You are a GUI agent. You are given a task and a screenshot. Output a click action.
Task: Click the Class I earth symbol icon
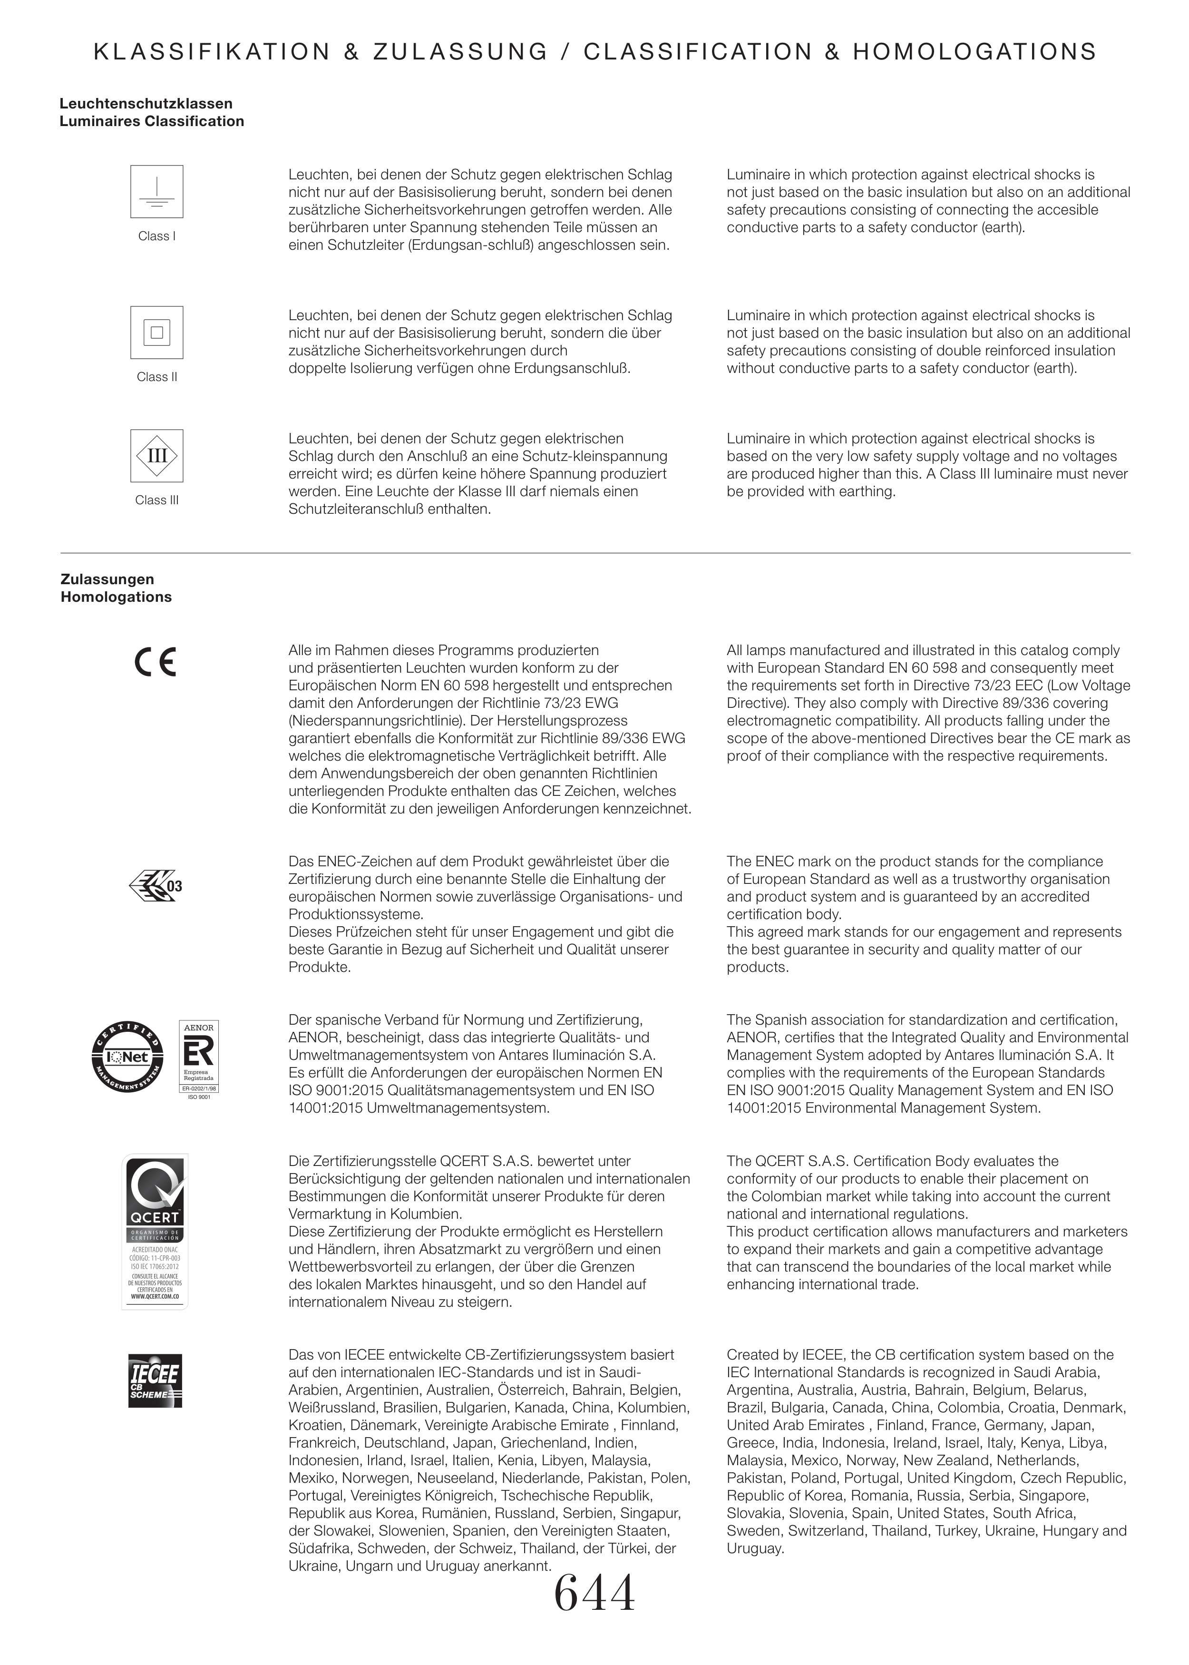(x=156, y=192)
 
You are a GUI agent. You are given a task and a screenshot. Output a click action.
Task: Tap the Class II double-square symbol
(x=156, y=333)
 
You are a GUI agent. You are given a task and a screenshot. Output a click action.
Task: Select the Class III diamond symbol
(x=156, y=455)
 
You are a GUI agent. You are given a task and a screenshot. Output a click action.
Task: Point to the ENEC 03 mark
(x=155, y=886)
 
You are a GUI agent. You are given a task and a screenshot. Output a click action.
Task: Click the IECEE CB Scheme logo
(x=155, y=1381)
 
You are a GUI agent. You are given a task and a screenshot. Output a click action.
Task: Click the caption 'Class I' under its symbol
(x=156, y=236)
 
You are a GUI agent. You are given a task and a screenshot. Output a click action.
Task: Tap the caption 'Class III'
(x=156, y=500)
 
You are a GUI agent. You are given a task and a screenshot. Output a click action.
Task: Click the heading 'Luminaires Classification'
(x=152, y=121)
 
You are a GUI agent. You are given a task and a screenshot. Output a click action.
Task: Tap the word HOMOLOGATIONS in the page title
(x=975, y=52)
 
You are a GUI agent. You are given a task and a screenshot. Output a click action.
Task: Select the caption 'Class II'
(x=156, y=377)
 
